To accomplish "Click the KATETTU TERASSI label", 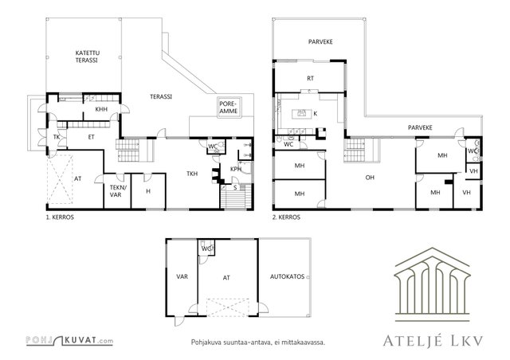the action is pos(88,57).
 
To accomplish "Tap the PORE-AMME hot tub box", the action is pos(229,108).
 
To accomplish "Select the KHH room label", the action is pos(101,109).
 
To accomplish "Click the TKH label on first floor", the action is pos(192,174).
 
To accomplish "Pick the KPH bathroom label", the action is pos(236,169).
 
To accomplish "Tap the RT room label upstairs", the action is pos(310,78).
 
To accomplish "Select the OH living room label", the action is pos(370,178).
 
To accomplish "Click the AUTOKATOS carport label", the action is pos(287,276).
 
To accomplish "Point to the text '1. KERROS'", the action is pos(60,217).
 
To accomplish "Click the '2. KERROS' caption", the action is pos(286,217).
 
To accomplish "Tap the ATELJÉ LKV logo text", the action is pos(433,341).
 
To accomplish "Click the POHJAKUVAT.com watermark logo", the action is pos(69,340).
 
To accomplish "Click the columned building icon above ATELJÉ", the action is pos(432,284).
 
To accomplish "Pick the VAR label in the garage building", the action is pos(182,276).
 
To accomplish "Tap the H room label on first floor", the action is pos(148,191).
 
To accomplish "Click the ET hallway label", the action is pos(92,137).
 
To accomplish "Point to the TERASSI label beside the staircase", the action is pos(161,96).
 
